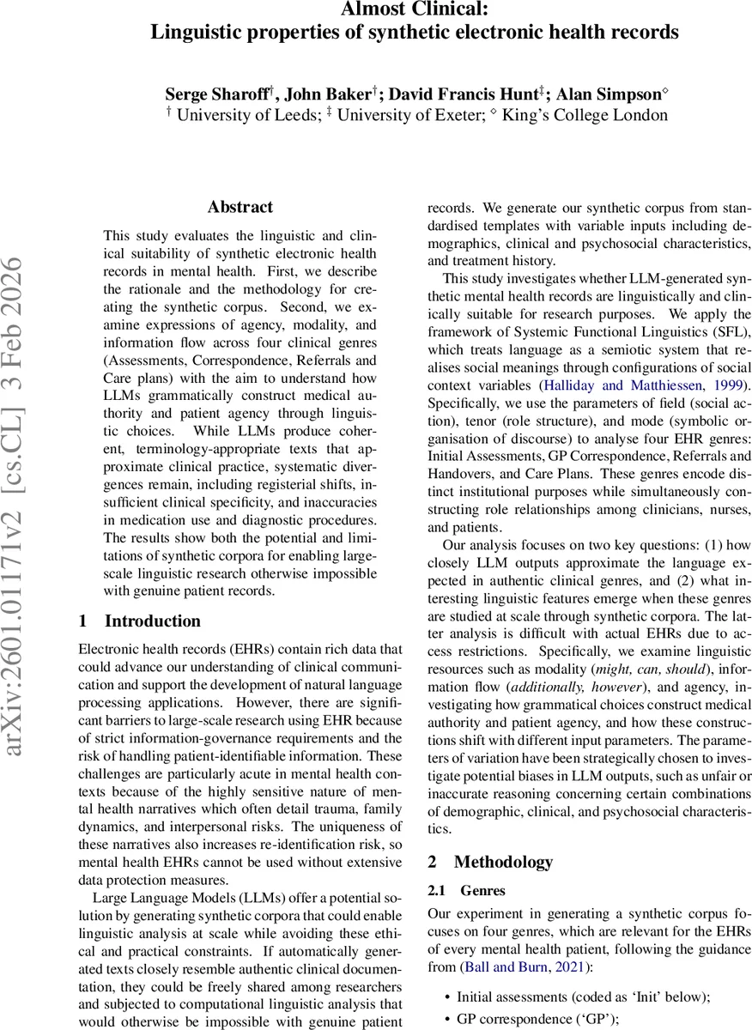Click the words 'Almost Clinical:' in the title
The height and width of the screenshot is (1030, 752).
click(415, 9)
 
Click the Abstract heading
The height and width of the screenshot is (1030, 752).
click(240, 207)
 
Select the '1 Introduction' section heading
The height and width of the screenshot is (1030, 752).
click(139, 621)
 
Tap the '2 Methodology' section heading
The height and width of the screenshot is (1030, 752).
click(490, 862)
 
